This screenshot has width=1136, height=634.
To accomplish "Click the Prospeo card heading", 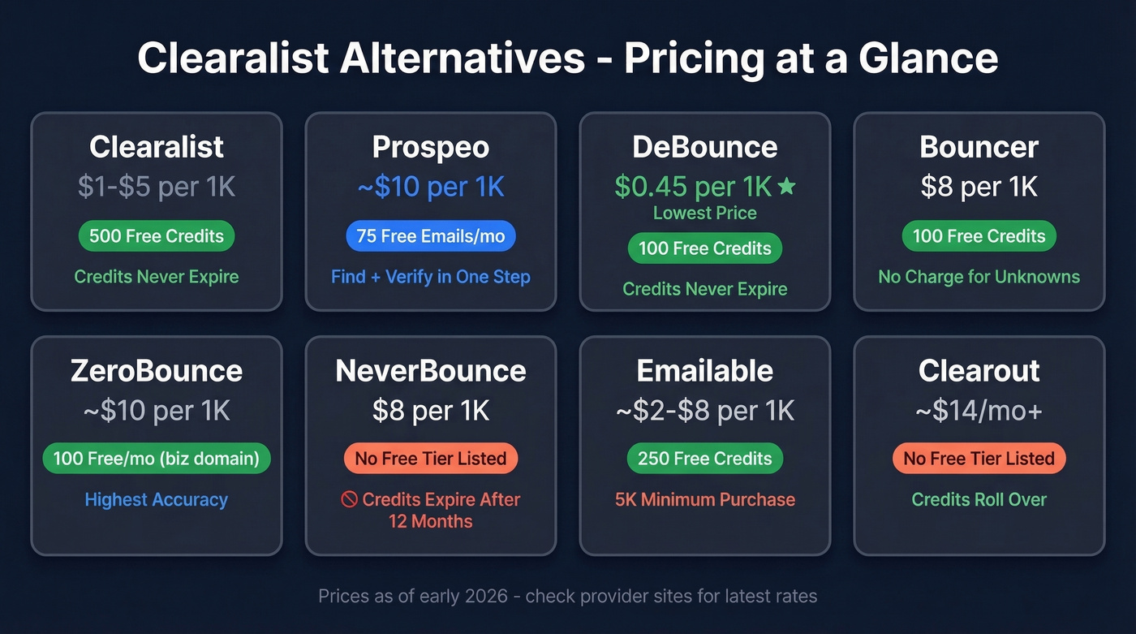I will click(x=430, y=147).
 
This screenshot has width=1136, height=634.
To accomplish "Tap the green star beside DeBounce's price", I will click(x=786, y=187).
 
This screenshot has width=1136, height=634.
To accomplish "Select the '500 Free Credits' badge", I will click(x=157, y=236).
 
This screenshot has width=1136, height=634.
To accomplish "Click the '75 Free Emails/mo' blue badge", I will click(x=430, y=236).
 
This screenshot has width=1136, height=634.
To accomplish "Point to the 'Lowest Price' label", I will click(x=704, y=213).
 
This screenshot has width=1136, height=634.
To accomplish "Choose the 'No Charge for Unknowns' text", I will click(x=979, y=277).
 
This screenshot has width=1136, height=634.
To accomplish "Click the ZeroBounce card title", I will click(x=157, y=371).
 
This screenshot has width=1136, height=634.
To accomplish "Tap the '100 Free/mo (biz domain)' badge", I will click(x=157, y=459).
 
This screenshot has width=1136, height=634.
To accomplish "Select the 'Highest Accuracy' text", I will click(x=157, y=500).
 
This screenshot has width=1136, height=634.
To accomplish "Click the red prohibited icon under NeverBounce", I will click(x=350, y=500).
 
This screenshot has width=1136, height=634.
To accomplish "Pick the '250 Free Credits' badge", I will click(x=704, y=459).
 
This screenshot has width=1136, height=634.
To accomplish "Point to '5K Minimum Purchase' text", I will click(x=704, y=500).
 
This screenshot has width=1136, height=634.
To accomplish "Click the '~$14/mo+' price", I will click(x=979, y=411).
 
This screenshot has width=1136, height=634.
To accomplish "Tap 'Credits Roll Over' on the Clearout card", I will click(x=979, y=500).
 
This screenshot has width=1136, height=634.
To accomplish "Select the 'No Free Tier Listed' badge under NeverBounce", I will click(x=430, y=459).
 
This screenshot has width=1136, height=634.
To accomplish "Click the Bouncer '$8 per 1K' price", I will click(x=979, y=187).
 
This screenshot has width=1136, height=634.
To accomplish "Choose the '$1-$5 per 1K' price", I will click(x=157, y=187).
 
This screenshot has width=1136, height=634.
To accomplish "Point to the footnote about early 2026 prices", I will click(x=567, y=597).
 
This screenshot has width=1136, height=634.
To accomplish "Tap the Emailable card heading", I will click(x=704, y=371).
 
